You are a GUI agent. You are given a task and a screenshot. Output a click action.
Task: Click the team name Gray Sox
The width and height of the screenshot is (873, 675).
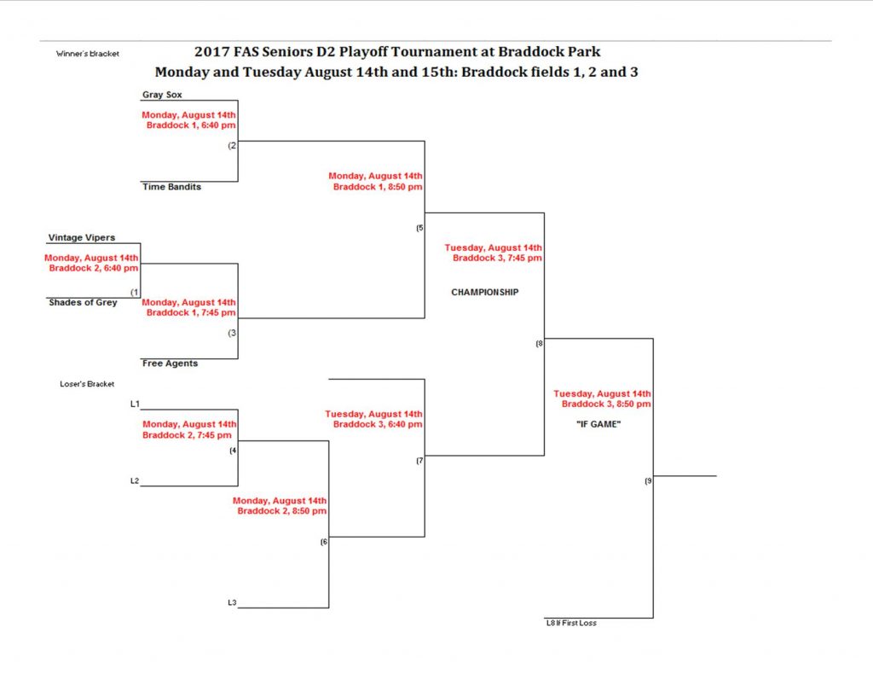(x=162, y=95)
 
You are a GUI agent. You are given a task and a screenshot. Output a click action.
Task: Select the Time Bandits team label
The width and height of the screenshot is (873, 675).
(x=171, y=187)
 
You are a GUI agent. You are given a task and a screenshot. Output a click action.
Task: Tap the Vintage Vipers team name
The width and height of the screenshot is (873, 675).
(x=82, y=237)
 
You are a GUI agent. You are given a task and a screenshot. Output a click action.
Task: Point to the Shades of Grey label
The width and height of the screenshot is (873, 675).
(x=83, y=302)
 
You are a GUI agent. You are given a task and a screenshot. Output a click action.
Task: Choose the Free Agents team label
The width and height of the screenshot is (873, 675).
(x=170, y=364)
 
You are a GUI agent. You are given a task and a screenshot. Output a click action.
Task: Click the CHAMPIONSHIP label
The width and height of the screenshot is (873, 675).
(x=485, y=292)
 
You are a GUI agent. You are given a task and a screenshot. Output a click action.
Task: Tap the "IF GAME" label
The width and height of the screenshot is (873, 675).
(x=598, y=424)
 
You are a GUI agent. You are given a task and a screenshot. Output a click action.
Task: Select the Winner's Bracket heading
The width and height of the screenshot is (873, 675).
(x=88, y=54)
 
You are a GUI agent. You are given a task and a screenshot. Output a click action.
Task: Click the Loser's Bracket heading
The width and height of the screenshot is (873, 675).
(x=87, y=384)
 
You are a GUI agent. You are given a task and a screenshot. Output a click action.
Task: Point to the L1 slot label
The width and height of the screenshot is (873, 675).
(x=135, y=404)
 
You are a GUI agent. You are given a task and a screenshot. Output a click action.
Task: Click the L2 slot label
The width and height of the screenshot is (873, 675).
(x=135, y=480)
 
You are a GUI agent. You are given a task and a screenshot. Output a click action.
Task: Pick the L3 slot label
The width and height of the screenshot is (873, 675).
(x=232, y=602)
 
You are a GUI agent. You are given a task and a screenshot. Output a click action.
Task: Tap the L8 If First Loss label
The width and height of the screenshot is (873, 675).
(x=571, y=623)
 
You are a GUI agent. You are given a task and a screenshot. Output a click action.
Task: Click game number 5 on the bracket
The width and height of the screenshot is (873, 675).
(x=419, y=228)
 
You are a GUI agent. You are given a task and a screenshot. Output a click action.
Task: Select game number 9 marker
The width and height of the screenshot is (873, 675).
(x=648, y=481)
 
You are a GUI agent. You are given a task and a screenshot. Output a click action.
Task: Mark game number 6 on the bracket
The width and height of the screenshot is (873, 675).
(x=324, y=542)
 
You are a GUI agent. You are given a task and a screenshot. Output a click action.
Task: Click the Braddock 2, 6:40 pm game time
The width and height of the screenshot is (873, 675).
(x=94, y=268)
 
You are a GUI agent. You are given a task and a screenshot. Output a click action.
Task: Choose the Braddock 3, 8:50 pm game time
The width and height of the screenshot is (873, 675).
(x=606, y=404)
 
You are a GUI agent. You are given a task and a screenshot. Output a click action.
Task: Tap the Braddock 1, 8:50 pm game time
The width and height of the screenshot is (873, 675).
(x=378, y=187)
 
